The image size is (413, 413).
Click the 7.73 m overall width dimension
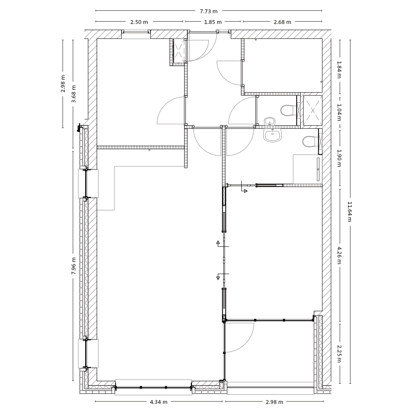tap(209, 11)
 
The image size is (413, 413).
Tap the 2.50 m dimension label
tap(139, 22)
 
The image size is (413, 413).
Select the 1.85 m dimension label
tap(213, 22)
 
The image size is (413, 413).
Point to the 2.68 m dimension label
tap(282, 22)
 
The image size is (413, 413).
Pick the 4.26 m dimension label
tap(339, 255)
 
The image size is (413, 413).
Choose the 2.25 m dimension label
tap(339, 354)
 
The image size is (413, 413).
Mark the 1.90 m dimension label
tap(339, 158)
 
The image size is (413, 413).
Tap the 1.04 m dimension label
tap(339, 112)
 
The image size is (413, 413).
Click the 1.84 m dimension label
tap(339, 70)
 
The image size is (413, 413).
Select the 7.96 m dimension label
tap(74, 266)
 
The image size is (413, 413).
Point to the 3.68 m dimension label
tap(74, 94)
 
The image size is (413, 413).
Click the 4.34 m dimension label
tap(159, 402)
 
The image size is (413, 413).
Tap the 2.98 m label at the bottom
tap(274, 402)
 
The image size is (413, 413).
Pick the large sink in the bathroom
tap(272, 135)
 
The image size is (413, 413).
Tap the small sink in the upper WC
tap(270, 121)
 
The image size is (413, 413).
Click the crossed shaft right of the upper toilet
tap(313, 110)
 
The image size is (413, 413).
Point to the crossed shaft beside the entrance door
tap(179, 51)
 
